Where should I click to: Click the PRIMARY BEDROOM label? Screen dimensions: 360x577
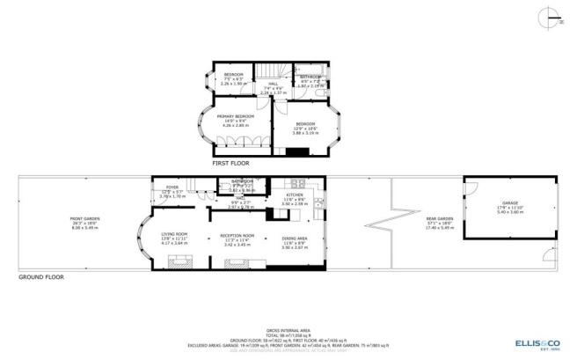(x=237, y=116)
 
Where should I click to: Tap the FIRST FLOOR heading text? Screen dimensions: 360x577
(x=230, y=163)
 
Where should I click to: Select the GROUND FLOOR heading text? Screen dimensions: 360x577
(x=42, y=276)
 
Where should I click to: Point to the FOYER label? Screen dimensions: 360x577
(x=172, y=187)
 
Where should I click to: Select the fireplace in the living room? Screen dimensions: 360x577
(x=181, y=260)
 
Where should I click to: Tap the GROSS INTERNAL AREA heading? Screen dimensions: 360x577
(x=288, y=325)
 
